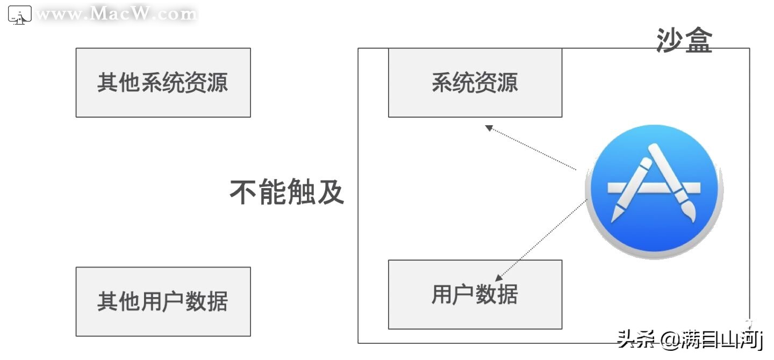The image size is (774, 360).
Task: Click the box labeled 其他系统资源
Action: [163, 83]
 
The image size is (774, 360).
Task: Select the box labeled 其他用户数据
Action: [163, 301]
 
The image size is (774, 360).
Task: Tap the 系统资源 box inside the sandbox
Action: [475, 83]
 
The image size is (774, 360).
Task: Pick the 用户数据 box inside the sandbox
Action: [475, 294]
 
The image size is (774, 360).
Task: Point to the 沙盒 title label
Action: [684, 40]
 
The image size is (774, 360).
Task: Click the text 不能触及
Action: [286, 192]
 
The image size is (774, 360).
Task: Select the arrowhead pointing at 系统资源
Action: [489, 128]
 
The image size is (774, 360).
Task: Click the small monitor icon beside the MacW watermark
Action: [19, 16]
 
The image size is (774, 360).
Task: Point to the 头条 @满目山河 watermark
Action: [690, 340]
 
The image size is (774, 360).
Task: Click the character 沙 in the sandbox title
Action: [670, 40]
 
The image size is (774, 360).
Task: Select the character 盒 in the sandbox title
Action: [698, 40]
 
